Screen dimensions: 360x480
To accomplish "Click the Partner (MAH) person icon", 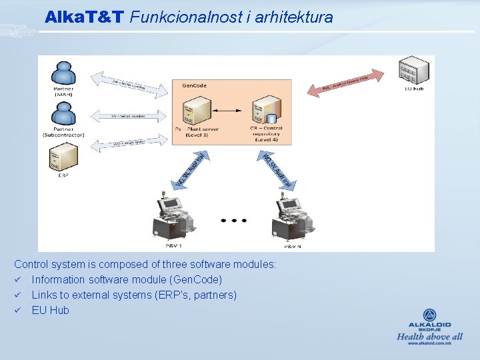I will [x=63, y=73].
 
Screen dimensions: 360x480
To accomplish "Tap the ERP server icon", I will [x=63, y=159].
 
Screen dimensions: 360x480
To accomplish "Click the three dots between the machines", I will [x=234, y=220].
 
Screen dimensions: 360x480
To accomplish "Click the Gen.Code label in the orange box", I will [x=193, y=85].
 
